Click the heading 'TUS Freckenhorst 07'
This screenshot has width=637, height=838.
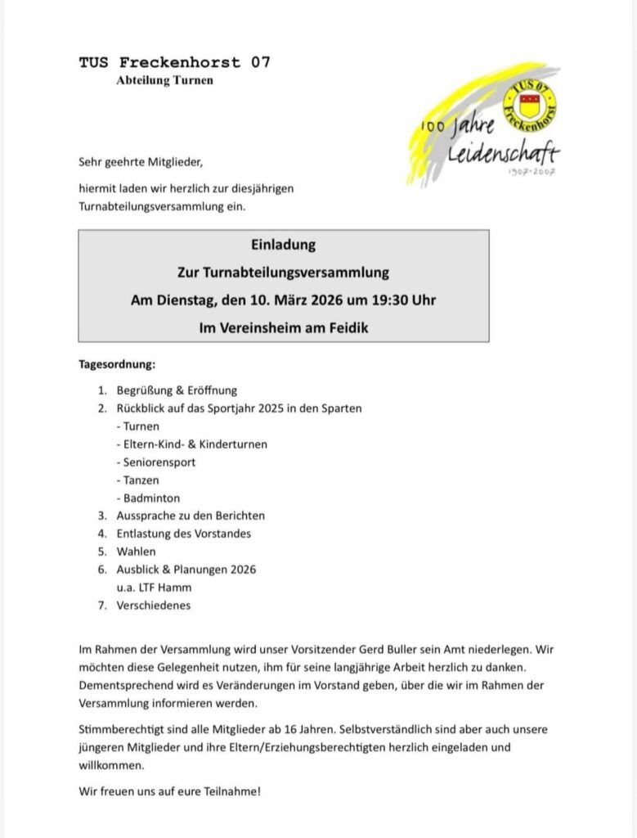174,62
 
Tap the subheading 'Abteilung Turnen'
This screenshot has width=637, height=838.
164,80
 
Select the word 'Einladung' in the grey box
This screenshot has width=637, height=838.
283,245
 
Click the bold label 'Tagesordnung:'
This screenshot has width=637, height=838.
117,363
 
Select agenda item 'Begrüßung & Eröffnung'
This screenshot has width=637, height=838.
177,390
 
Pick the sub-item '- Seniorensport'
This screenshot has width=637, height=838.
156,462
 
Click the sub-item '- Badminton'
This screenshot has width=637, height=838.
148,498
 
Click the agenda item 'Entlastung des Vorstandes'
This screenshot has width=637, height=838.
184,534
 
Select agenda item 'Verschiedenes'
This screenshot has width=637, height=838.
154,606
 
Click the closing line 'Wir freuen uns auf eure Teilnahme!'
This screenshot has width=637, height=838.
170,792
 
